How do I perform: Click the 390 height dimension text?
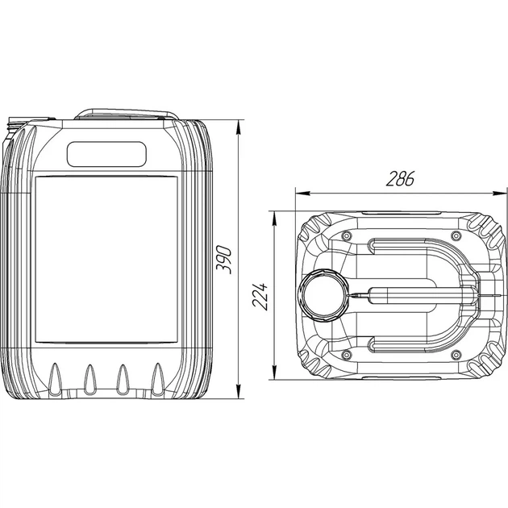(x=224, y=260)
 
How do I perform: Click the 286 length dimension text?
(x=401, y=178)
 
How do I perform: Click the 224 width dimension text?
(x=260, y=297)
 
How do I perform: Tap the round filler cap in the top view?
(x=323, y=295)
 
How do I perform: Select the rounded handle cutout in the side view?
(x=106, y=154)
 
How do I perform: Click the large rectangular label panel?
(x=106, y=260)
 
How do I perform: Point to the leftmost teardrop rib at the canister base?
(x=55, y=379)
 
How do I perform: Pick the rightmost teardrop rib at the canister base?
(x=158, y=379)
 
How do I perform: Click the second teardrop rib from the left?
(x=90, y=380)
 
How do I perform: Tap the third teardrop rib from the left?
(x=123, y=380)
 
